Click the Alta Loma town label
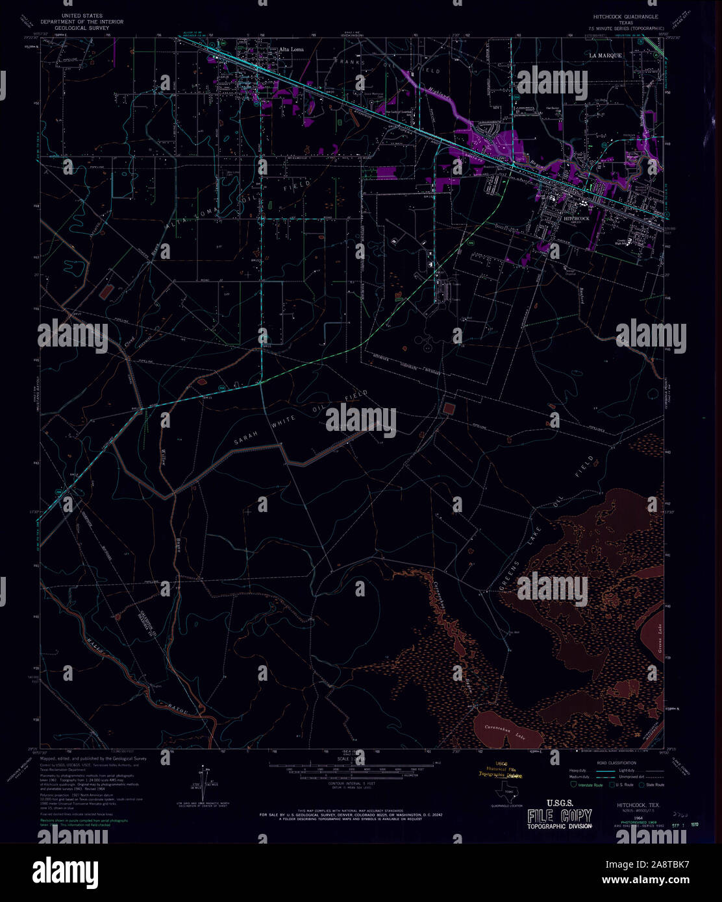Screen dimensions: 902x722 pyautogui.click(x=291, y=49)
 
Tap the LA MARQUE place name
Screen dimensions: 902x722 pyautogui.click(x=605, y=56)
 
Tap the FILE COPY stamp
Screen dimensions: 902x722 pyautogui.click(x=559, y=816)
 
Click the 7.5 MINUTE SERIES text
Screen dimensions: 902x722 pyautogui.click(x=626, y=29)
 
